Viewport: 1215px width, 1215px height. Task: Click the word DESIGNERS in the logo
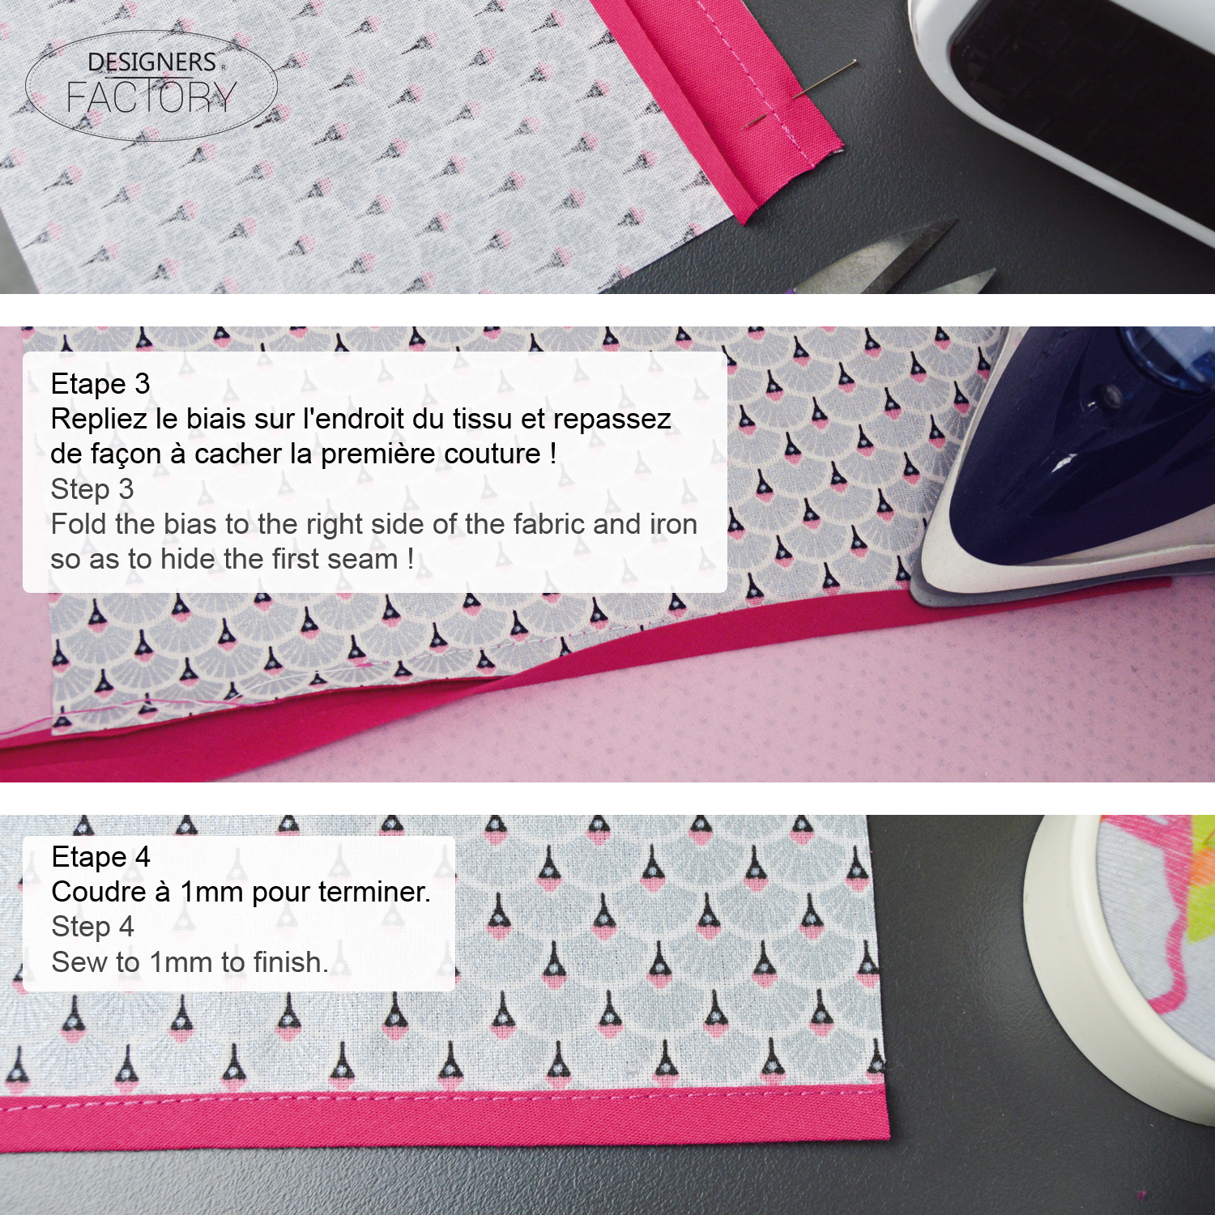coord(151,62)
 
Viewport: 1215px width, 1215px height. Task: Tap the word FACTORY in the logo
coord(151,98)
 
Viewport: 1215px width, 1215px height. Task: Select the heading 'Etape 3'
coord(100,384)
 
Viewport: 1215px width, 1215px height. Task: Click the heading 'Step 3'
coord(92,489)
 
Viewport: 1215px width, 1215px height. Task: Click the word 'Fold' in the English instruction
coord(79,524)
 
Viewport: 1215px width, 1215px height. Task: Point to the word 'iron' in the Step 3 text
coord(673,524)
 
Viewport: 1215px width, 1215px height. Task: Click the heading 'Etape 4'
coord(100,857)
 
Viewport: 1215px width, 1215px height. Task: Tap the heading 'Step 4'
coord(92,927)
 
